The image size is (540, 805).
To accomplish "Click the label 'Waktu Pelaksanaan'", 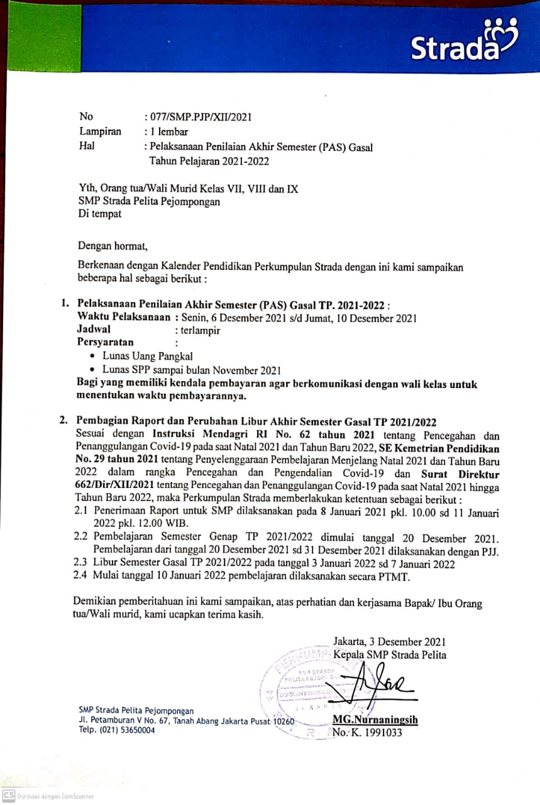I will [123, 317].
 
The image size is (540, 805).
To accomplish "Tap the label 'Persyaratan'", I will [105, 343].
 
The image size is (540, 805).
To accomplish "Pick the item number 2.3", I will [80, 563].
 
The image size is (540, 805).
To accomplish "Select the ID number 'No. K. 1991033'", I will [367, 733].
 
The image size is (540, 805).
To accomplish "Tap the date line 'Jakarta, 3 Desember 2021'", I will [390, 642].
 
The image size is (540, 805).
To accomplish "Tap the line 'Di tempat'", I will [100, 214].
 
